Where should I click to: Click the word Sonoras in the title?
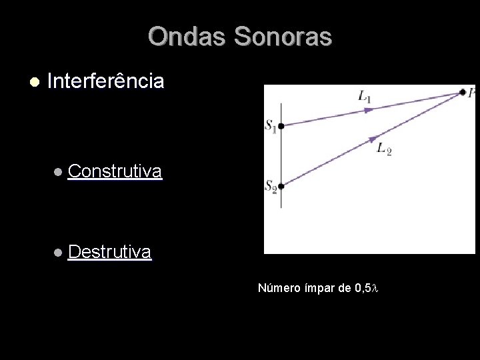coord(281,37)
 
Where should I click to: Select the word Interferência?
coord(106,82)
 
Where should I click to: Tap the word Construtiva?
coord(115,172)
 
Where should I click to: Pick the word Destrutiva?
coord(109,252)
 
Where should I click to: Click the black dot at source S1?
coord(281,125)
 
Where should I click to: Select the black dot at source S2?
coord(281,187)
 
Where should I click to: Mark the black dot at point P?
coord(462,93)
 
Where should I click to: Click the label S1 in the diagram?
coord(271,126)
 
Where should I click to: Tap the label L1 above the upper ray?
coord(365,97)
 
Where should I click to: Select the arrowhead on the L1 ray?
coord(369,110)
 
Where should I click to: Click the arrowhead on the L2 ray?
coord(369,140)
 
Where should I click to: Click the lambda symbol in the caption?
coord(375,289)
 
